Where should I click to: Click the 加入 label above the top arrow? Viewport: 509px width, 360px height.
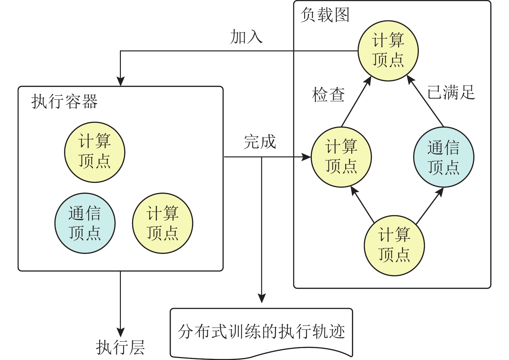pos(246,37)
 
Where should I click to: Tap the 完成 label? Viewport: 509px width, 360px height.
pos(260,142)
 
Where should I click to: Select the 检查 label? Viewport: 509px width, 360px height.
pos(328,95)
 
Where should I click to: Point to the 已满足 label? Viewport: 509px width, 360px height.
pos(451,92)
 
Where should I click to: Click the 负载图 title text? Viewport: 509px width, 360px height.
pos(325,15)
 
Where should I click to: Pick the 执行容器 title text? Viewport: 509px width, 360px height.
pos(64,101)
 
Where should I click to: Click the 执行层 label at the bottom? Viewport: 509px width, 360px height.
pos(120,347)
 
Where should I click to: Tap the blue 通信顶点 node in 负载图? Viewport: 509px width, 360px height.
pos(443,157)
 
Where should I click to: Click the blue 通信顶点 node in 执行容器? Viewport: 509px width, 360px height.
pos(85,223)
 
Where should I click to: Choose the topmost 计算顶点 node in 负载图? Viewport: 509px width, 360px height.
pos(388,51)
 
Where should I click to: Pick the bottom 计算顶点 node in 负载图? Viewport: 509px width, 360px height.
pos(394,245)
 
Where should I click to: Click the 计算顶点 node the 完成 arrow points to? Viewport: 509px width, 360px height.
pos(341,157)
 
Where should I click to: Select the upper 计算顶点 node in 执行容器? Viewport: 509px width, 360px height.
pos(94,152)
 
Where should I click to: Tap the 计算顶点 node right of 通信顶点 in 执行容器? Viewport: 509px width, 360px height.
pos(162,223)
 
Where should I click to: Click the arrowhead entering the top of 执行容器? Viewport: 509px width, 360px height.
pos(120,82)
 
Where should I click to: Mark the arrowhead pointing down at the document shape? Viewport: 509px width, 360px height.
pos(261,298)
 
